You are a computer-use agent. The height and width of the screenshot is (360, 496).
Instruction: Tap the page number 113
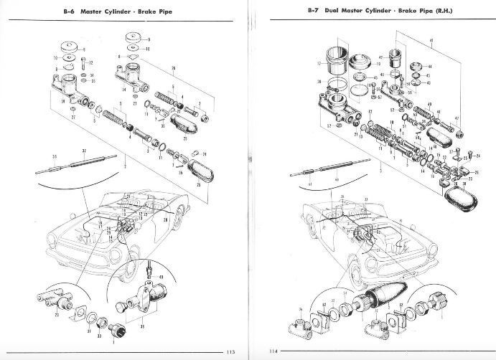(x=230, y=351)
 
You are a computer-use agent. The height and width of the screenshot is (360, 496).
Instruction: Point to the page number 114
(x=273, y=351)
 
